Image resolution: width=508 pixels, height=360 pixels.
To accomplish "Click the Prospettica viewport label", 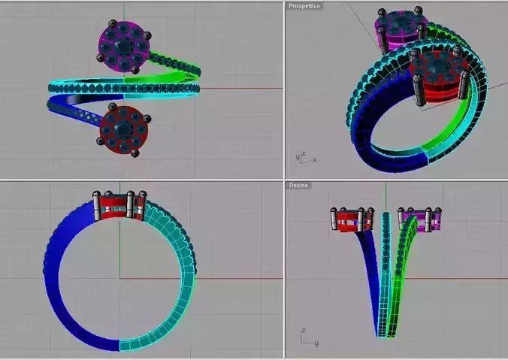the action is click(x=304, y=6).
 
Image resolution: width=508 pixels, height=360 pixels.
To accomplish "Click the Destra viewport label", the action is click(x=298, y=186).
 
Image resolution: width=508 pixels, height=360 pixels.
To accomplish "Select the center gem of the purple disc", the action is click(x=123, y=47).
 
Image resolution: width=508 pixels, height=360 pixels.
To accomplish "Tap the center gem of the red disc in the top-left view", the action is click(x=123, y=129).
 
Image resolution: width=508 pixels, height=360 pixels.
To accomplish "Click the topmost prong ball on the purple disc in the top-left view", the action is click(x=113, y=23).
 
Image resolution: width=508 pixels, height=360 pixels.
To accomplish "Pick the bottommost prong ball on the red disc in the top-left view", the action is click(x=135, y=153).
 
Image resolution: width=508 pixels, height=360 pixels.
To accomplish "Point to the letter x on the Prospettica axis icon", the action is click(x=314, y=159).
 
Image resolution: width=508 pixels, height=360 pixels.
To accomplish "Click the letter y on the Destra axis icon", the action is click(x=316, y=343).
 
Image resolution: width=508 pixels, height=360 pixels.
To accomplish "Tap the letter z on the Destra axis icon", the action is click(x=304, y=331).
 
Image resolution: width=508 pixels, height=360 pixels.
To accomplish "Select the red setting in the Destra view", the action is click(x=352, y=219).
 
